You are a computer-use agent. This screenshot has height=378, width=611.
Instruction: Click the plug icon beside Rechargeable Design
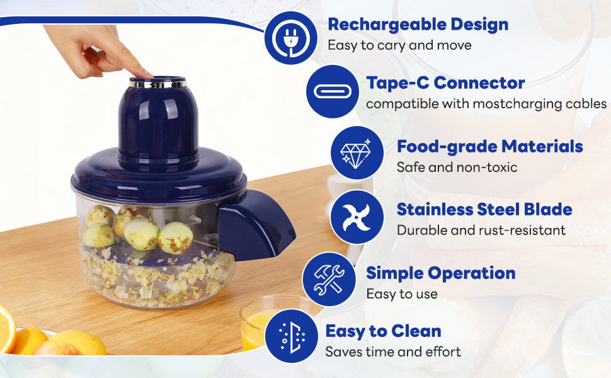pyautogui.click(x=291, y=38)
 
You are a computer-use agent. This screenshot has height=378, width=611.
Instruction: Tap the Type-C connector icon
pyautogui.click(x=332, y=91)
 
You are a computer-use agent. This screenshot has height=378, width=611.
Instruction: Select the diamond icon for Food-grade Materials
pyautogui.click(x=357, y=152)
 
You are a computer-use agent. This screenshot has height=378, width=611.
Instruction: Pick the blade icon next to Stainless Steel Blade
pyautogui.click(x=357, y=217)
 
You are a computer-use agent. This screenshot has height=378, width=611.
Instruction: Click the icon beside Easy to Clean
pyautogui.click(x=291, y=336)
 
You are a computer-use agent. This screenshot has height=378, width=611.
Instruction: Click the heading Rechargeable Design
pyautogui.click(x=418, y=25)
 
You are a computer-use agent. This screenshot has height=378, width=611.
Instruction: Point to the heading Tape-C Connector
pyautogui.click(x=445, y=83)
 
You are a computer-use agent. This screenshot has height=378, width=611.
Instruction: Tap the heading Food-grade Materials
pyautogui.click(x=489, y=147)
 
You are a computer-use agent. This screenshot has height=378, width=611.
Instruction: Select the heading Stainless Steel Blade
pyautogui.click(x=484, y=209)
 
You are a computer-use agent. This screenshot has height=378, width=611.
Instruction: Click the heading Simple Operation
pyautogui.click(x=440, y=273)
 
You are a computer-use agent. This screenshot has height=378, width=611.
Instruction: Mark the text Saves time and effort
pyautogui.click(x=393, y=352)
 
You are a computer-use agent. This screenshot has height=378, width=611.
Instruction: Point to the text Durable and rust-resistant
pyautogui.click(x=481, y=230)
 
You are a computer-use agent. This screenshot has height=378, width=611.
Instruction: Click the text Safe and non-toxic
pyautogui.click(x=457, y=167)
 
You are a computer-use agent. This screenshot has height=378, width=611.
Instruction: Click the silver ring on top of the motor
pyautogui.click(x=157, y=83)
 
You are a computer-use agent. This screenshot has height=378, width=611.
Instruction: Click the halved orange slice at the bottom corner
pyautogui.click(x=6, y=328)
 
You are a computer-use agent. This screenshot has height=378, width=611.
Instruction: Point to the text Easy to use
pyautogui.click(x=401, y=294)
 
